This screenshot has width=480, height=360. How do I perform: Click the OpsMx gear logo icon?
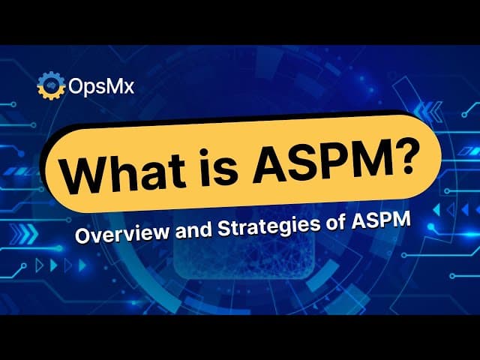pyautogui.click(x=51, y=85)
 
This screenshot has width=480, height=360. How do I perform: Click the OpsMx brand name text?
pyautogui.click(x=101, y=86)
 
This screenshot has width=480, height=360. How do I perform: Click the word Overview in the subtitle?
pyautogui.click(x=121, y=232)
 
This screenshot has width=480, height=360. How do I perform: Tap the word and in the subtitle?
pyautogui.click(x=193, y=229)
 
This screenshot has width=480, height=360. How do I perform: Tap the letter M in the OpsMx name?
pyautogui.click(x=115, y=86)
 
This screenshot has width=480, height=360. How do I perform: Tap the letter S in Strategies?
pyautogui.click(x=225, y=228)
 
